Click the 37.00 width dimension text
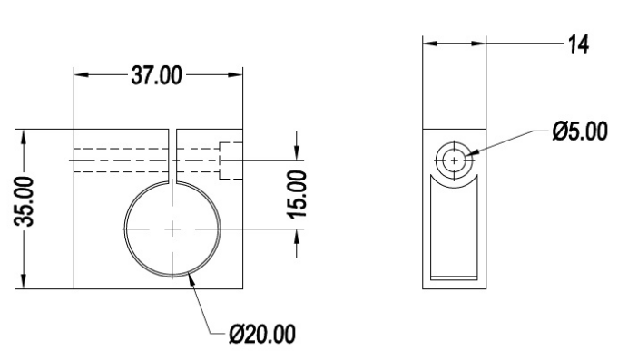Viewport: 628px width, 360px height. tap(156, 75)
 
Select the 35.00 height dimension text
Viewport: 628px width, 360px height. tap(24, 201)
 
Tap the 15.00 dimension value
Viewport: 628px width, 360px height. tap(297, 194)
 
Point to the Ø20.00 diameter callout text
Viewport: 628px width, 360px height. tap(262, 334)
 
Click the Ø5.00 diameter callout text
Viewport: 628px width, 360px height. tap(580, 131)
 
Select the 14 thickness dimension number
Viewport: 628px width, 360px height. tap(579, 44)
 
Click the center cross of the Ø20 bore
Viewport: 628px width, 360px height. tap(172, 229)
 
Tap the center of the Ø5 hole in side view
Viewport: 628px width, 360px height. tap(454, 161)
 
